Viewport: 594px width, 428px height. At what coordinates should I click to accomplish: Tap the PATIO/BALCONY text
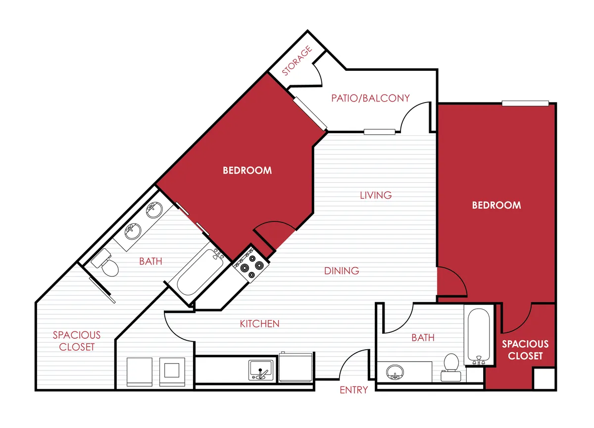(370, 98)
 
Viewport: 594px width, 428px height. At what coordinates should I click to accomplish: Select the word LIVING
(376, 195)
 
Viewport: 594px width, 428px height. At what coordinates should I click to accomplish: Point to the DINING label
(342, 271)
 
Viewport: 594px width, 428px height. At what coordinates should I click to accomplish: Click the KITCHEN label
(259, 324)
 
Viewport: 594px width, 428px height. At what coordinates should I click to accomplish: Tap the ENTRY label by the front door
(353, 390)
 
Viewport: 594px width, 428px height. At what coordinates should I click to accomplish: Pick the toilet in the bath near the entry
(450, 366)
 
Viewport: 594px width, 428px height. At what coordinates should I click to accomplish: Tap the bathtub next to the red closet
(479, 335)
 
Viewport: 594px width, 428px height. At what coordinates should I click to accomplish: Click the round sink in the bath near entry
(394, 372)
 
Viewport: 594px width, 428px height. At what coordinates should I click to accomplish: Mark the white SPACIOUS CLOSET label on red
(525, 350)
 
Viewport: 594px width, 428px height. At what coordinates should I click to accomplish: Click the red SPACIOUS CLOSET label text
(77, 341)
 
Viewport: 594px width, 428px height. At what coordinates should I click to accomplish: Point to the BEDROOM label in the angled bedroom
(247, 170)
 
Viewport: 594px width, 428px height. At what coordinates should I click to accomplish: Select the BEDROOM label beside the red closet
(496, 205)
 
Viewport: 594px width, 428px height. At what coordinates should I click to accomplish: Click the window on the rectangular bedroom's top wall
(525, 104)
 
